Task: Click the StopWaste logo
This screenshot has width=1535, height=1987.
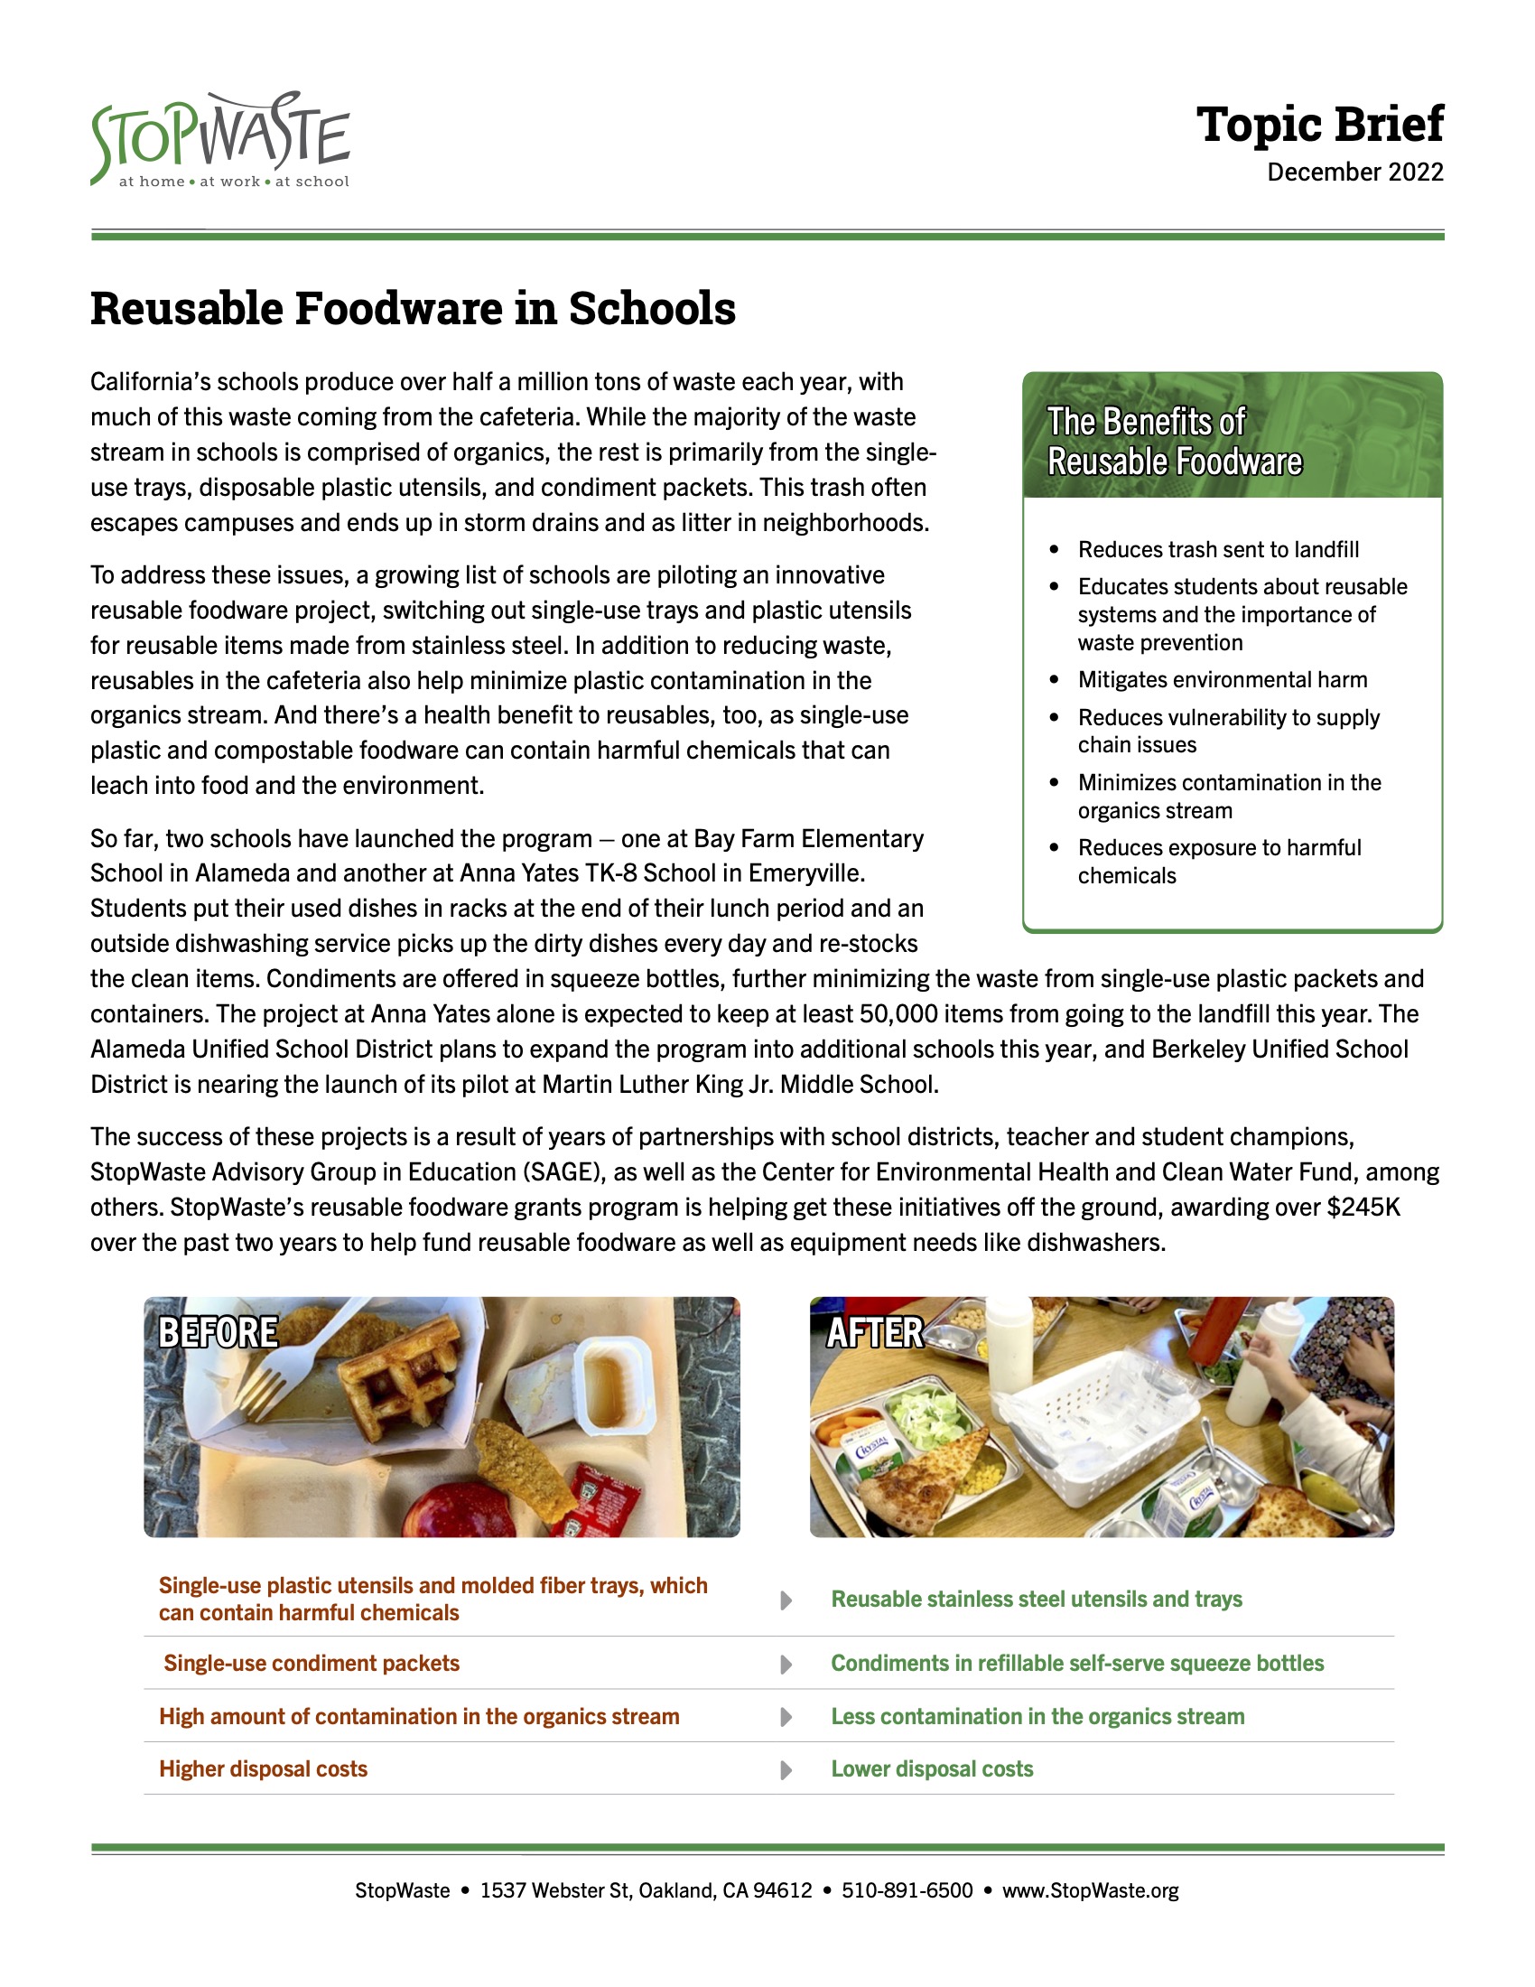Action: pos(220,140)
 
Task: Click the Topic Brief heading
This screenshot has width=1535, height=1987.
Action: pos(1318,124)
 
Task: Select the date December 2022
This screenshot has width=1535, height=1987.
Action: pos(1354,172)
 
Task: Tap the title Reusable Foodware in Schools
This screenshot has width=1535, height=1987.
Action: pos(413,308)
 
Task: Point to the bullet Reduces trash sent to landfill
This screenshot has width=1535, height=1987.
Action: pos(1218,549)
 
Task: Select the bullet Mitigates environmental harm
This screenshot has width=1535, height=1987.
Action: pos(1223,679)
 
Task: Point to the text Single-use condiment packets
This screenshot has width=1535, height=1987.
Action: pos(311,1663)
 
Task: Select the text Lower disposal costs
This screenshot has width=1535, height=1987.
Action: pos(931,1768)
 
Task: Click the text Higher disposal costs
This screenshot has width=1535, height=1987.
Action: pos(263,1768)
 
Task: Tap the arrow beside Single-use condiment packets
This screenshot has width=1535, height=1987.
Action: pos(786,1664)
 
